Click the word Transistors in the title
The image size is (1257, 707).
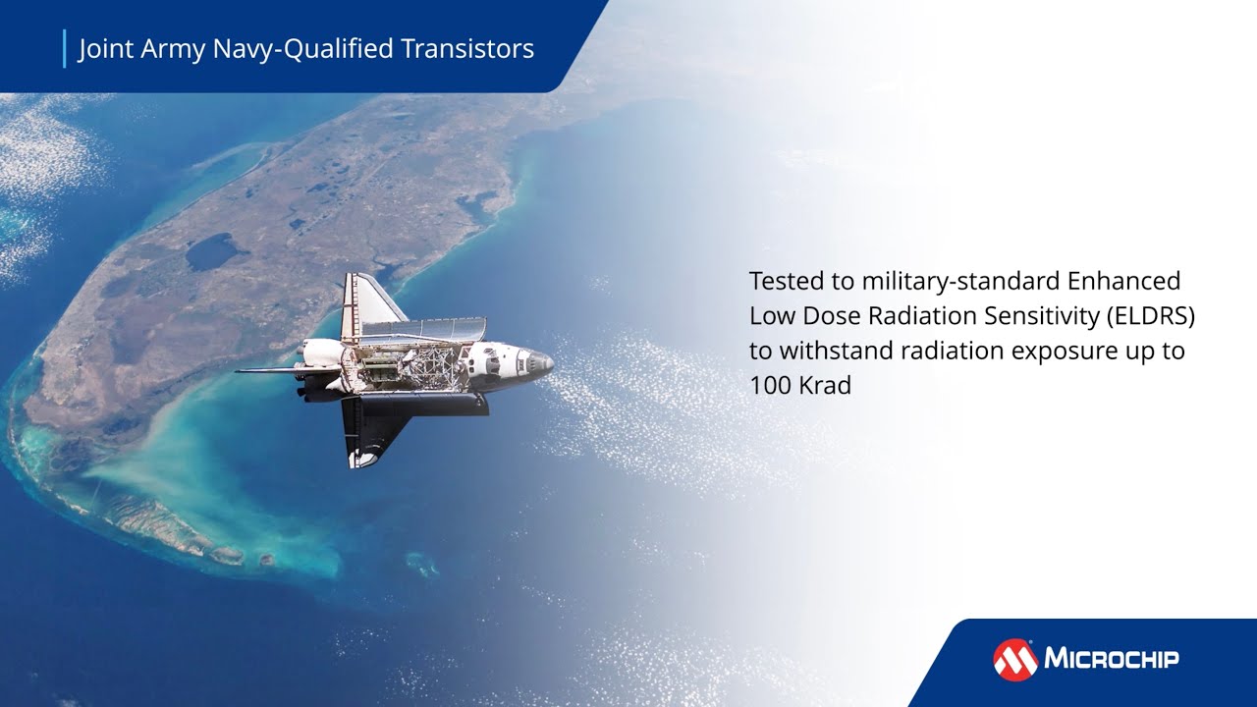point(466,48)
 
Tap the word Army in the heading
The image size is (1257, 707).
point(173,50)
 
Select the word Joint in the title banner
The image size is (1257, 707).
point(106,49)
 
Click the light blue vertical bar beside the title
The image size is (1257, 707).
point(65,48)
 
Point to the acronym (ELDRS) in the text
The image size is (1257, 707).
point(1150,316)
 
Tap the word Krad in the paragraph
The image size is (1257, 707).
point(825,385)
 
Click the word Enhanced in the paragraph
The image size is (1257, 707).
point(1124,281)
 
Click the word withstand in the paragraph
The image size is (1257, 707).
point(837,351)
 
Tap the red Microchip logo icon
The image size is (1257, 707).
point(1015,660)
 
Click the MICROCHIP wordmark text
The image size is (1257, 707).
point(1112,658)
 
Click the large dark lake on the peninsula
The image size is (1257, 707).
point(211,252)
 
